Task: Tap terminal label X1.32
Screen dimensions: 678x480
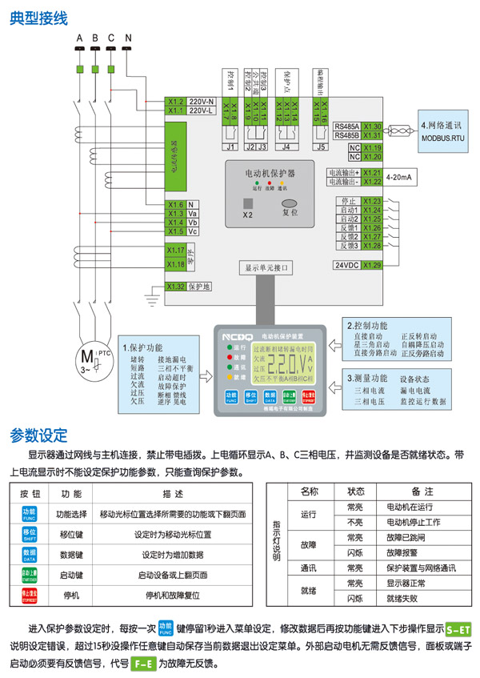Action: click(x=176, y=287)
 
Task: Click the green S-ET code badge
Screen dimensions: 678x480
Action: click(x=458, y=629)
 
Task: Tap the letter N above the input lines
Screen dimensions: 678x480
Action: click(x=127, y=38)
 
